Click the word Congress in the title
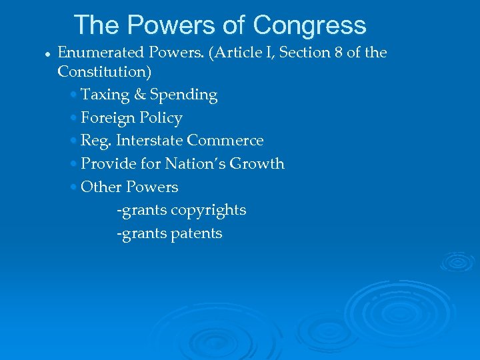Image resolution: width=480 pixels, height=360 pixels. point(309,25)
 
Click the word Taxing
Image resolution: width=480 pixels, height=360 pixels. point(105,95)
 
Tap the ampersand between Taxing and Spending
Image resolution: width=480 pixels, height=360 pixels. point(140,95)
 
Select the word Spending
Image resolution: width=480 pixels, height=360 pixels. point(183,95)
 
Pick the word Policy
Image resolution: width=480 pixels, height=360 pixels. point(161,118)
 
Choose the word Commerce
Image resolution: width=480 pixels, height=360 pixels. point(225,141)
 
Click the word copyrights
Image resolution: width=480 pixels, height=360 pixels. point(209,210)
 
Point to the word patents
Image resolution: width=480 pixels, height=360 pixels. point(196,233)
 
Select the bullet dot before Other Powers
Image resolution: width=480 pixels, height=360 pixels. point(73,187)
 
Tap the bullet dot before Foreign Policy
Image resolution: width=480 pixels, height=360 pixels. point(73,119)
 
